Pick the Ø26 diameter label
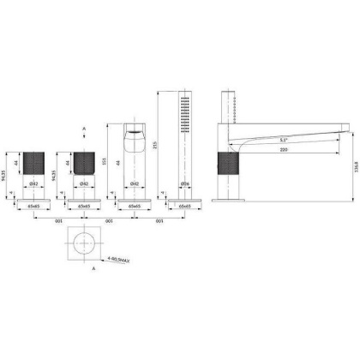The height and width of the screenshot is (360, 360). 184,183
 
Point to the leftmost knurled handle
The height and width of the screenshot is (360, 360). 36,162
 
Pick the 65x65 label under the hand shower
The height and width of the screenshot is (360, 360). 184,207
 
